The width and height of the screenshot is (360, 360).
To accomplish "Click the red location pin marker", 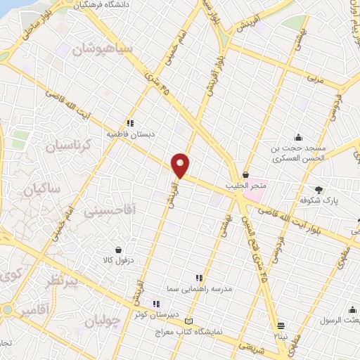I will (181, 165).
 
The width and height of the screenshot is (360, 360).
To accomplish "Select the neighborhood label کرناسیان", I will (70, 146).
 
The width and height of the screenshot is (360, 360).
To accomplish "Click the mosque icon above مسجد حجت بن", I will (299, 138).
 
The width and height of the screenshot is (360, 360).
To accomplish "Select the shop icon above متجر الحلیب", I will (245, 174).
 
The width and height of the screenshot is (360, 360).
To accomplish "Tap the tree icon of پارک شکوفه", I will (319, 190).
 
